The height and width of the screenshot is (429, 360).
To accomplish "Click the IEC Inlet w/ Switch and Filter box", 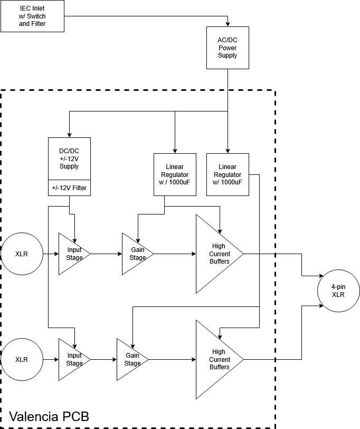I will coord(32,16).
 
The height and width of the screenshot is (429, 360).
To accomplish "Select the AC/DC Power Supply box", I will coord(228,48).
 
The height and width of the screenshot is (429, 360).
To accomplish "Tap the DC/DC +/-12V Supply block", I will coord(69,158).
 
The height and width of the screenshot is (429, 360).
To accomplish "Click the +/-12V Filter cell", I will coord(69,188).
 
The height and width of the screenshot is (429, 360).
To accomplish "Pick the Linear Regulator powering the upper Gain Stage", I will coord(175,174).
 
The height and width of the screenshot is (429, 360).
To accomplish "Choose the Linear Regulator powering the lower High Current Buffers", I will coord(228,174).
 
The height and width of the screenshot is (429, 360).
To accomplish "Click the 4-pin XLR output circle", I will coord(338,291).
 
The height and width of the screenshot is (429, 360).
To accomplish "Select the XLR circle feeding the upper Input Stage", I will coord(22,254).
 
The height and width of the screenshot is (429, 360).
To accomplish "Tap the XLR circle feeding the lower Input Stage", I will coord(22,359).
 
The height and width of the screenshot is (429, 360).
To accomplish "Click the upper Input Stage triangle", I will coord(71,254).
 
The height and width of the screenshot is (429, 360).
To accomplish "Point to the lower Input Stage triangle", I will coord(71,359).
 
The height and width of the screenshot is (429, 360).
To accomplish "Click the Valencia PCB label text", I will coord(49,416).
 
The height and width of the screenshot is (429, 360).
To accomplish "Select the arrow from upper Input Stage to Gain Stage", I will coord(106,254).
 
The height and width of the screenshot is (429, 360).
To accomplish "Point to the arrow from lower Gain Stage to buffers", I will coord(172,359).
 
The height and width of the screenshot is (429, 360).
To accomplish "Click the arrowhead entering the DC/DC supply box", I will coord(69,135).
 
